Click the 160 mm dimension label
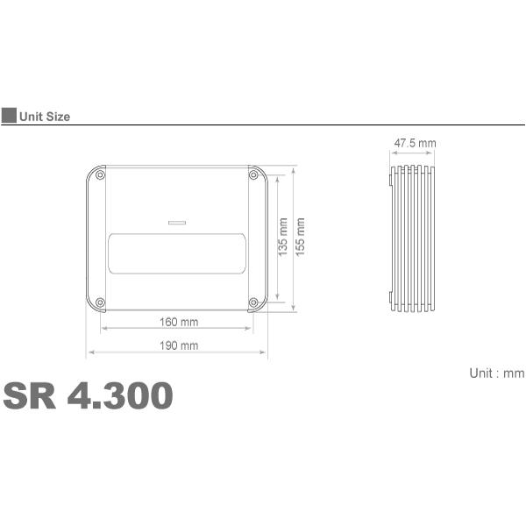point(179,322)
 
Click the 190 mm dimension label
point(179,345)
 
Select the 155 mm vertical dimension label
point(301,237)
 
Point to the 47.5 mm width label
point(414,143)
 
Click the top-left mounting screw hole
point(100,176)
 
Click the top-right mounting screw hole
point(254,176)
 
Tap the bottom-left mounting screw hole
point(100,302)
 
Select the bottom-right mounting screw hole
point(254,302)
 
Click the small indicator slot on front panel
point(177,222)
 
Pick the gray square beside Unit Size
point(8,116)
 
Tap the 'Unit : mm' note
point(496,373)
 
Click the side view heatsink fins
point(414,238)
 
